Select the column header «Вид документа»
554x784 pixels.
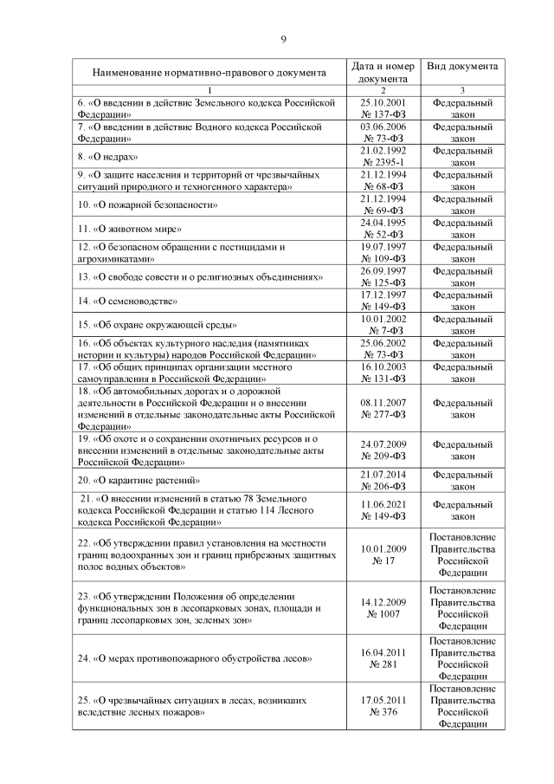click(462, 66)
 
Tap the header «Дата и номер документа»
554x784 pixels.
click(383, 72)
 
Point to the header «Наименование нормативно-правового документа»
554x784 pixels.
click(209, 73)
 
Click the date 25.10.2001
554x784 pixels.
click(383, 102)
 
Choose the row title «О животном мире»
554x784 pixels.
click(129, 230)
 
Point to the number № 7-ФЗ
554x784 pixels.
click(383, 331)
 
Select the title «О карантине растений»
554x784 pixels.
click(139, 480)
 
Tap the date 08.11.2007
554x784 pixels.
click(383, 403)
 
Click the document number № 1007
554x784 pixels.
click(383, 613)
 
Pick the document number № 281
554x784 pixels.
click(383, 664)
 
